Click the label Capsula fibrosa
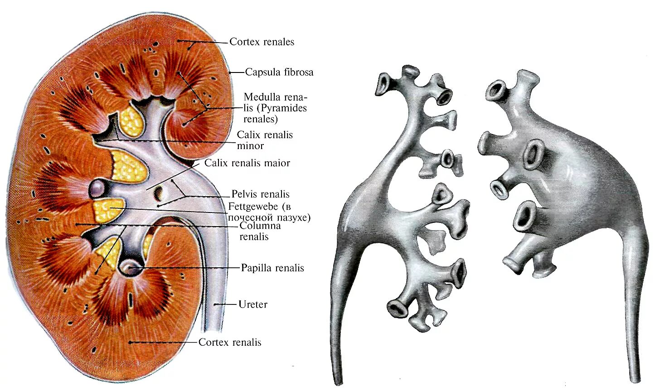point(279,72)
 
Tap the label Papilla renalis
point(272,268)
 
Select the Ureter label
point(252,304)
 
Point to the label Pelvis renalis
point(260,194)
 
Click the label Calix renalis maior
point(247,163)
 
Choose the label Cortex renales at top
point(262,42)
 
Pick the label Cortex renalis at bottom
point(230,343)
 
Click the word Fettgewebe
point(254,207)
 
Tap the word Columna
point(260,226)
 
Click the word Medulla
point(262,97)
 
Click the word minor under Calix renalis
point(250,146)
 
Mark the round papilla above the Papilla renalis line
point(131,267)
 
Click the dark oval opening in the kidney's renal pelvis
point(160,193)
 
